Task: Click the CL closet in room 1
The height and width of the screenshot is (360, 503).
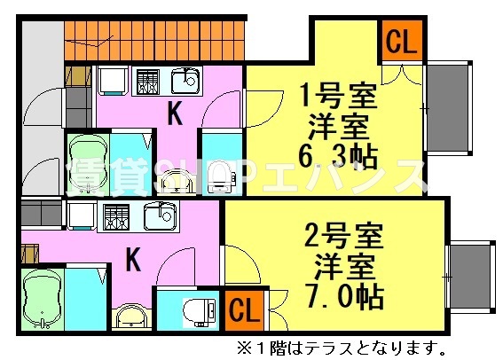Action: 400,42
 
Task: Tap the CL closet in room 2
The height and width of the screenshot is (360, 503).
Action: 244,310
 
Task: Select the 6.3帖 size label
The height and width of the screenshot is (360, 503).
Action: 327,158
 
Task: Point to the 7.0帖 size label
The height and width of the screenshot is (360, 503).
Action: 342,294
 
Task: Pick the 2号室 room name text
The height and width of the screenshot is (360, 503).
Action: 342,237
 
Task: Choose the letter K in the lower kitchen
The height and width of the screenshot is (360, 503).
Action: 133,260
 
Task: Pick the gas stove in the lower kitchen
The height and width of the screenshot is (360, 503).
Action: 116,216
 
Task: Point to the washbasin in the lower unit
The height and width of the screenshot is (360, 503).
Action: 132,315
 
